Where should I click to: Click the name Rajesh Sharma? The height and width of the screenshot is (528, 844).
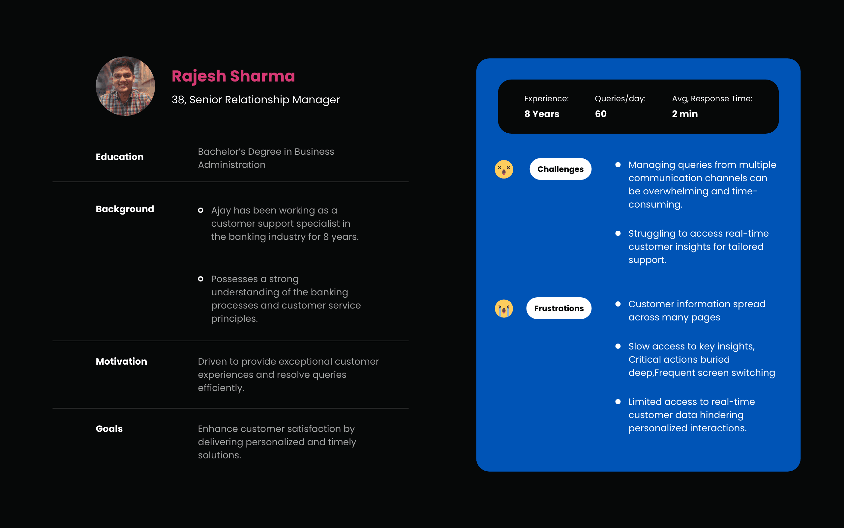click(x=233, y=76)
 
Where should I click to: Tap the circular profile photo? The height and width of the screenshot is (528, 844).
click(x=125, y=86)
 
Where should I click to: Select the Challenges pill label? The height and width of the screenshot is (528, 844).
click(x=560, y=169)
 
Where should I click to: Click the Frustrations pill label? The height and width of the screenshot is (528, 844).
click(x=559, y=308)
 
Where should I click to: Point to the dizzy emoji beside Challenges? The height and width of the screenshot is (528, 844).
click(x=504, y=169)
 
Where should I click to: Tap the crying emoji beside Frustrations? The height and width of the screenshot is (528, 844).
click(x=504, y=308)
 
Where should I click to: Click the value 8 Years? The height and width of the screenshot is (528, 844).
click(x=542, y=114)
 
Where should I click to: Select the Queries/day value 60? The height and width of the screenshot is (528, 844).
click(x=601, y=114)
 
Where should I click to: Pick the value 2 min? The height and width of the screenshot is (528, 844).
click(x=685, y=114)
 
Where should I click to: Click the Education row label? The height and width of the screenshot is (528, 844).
click(x=120, y=157)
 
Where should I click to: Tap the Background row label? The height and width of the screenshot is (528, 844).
click(x=125, y=209)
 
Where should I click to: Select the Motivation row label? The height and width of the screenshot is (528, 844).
click(x=121, y=361)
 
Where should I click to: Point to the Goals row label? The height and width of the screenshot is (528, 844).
click(x=109, y=429)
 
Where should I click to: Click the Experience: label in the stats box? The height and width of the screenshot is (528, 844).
click(x=546, y=99)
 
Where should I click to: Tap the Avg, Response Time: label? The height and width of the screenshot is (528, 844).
click(x=712, y=99)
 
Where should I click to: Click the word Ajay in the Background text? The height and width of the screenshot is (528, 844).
click(x=221, y=211)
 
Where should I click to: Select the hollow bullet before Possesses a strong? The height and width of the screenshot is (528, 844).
click(x=200, y=279)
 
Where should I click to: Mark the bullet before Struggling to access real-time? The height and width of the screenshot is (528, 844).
click(x=618, y=233)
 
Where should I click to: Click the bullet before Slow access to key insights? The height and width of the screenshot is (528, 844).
click(x=618, y=346)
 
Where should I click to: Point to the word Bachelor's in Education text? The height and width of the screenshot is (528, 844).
click(x=222, y=151)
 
